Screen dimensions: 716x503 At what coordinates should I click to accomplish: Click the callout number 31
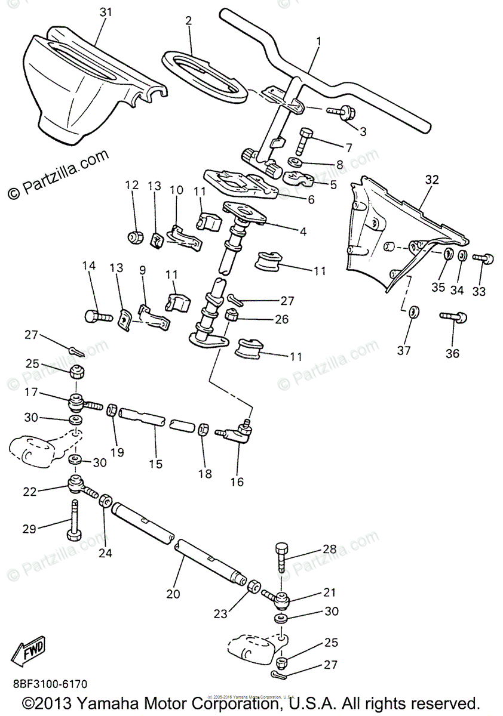pyautogui.click(x=106, y=12)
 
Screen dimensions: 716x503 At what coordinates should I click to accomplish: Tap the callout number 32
pyautogui.click(x=431, y=180)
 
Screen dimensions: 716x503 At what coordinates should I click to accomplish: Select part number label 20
pyautogui.click(x=173, y=594)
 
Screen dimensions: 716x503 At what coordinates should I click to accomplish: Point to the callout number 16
pyautogui.click(x=237, y=482)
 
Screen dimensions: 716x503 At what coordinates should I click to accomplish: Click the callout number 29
pyautogui.click(x=30, y=528)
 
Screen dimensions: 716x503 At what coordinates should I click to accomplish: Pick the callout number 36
pyautogui.click(x=452, y=353)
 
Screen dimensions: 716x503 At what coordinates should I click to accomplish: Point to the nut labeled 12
pyautogui.click(x=135, y=236)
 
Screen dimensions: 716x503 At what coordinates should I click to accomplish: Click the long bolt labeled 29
pyautogui.click(x=74, y=520)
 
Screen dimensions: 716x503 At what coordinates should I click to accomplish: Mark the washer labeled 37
pyautogui.click(x=413, y=311)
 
